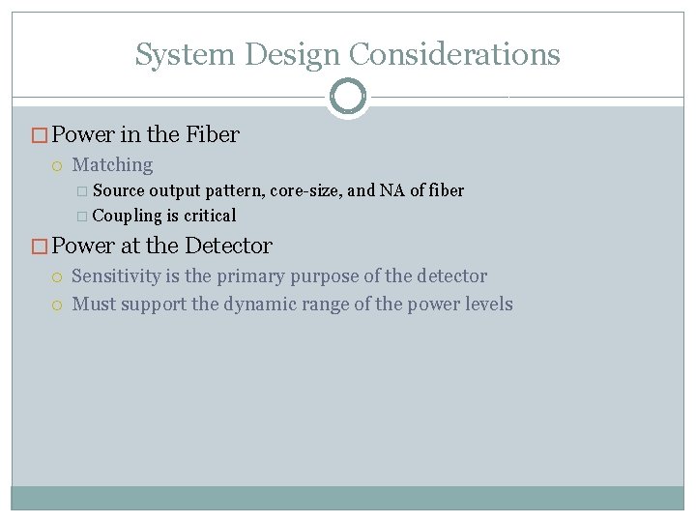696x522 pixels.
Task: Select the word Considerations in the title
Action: (x=455, y=54)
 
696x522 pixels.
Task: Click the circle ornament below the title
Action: (x=347, y=97)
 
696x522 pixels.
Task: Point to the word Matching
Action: (x=112, y=165)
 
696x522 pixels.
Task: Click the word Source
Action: (x=120, y=190)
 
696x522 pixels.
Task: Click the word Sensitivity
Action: (x=116, y=276)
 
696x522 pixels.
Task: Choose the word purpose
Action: (x=324, y=277)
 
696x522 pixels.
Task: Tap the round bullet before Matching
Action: (x=58, y=166)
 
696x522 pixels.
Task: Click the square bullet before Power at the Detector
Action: (x=40, y=246)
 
